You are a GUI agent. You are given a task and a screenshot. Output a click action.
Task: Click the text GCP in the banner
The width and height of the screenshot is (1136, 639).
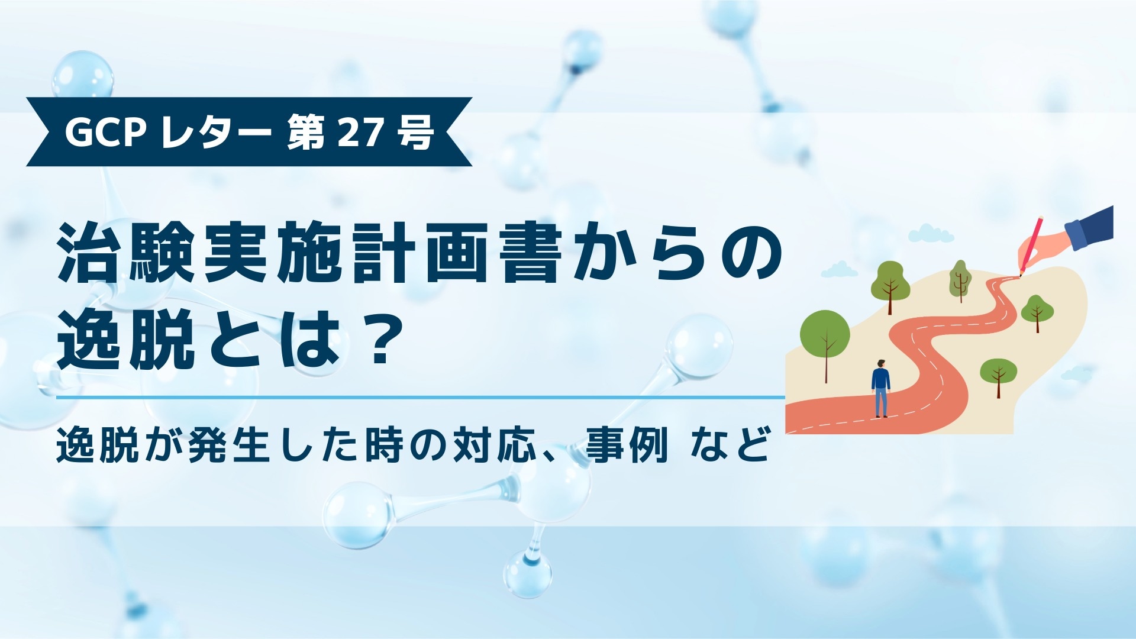click(105, 133)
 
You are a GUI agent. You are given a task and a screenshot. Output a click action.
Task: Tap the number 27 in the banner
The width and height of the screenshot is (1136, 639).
click(360, 133)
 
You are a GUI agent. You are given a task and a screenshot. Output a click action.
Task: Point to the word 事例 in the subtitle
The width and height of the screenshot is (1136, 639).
click(627, 445)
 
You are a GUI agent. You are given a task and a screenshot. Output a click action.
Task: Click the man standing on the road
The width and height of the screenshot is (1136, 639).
click(880, 388)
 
